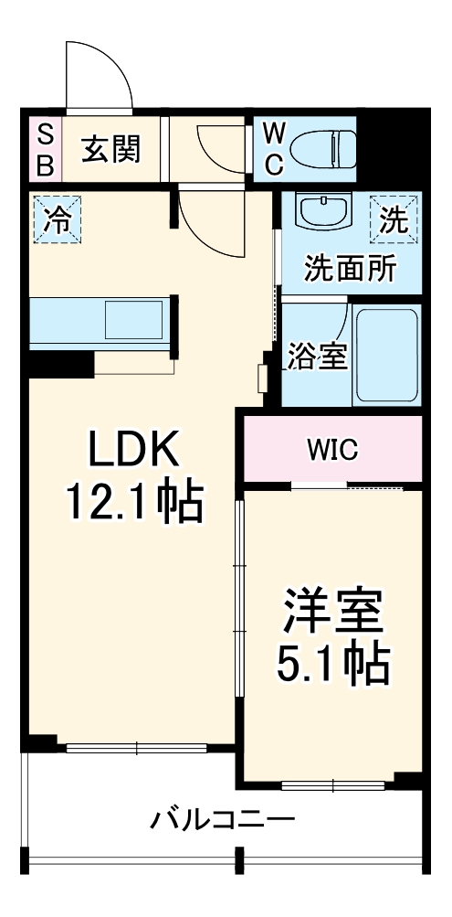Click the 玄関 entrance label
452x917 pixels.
coord(112,149)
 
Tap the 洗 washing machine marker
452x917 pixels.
coord(394,219)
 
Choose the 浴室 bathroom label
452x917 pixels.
coord(317,357)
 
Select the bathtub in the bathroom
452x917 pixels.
coord(386,355)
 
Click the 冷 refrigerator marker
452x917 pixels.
coord(57,219)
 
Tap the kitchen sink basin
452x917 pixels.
coord(133,322)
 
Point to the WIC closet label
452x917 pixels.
coord(332,449)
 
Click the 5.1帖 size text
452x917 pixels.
coord(332,666)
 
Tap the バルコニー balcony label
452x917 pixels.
coord(223,817)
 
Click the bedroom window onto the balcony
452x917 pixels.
coord(332,784)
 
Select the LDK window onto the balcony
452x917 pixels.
coord(137,749)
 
